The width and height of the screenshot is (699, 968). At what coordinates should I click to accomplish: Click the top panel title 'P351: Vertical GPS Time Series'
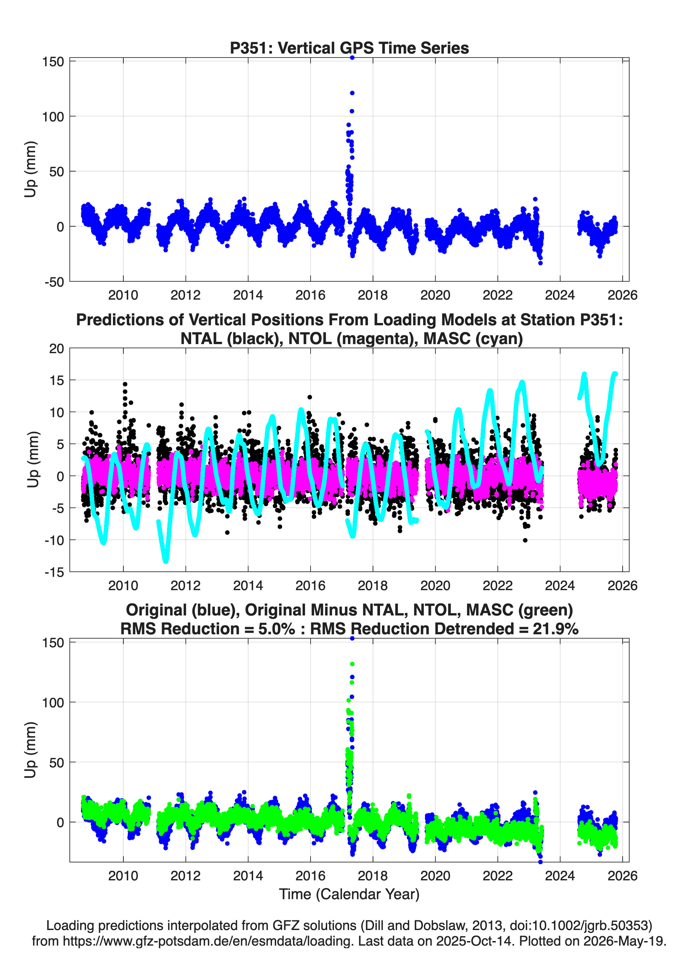[x=349, y=48]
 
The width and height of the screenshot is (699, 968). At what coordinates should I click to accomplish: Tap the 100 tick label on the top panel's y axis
[x=53, y=117]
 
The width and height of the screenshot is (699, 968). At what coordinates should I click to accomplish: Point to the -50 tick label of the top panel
[x=54, y=282]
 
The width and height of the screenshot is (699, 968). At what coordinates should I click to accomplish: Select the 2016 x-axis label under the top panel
[x=310, y=295]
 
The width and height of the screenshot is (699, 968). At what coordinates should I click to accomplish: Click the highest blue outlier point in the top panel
[x=352, y=58]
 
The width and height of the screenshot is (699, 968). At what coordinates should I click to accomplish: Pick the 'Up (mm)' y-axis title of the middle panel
[x=32, y=460]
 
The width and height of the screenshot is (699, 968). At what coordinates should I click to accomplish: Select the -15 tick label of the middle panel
[x=54, y=572]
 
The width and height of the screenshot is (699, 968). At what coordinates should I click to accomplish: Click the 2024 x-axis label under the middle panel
[x=560, y=585]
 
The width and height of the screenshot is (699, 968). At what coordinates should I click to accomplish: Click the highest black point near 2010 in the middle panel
[x=125, y=384]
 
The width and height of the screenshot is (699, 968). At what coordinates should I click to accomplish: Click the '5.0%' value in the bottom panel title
[x=276, y=629]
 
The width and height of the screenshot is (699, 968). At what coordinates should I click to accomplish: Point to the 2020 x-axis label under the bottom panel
[x=435, y=876]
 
